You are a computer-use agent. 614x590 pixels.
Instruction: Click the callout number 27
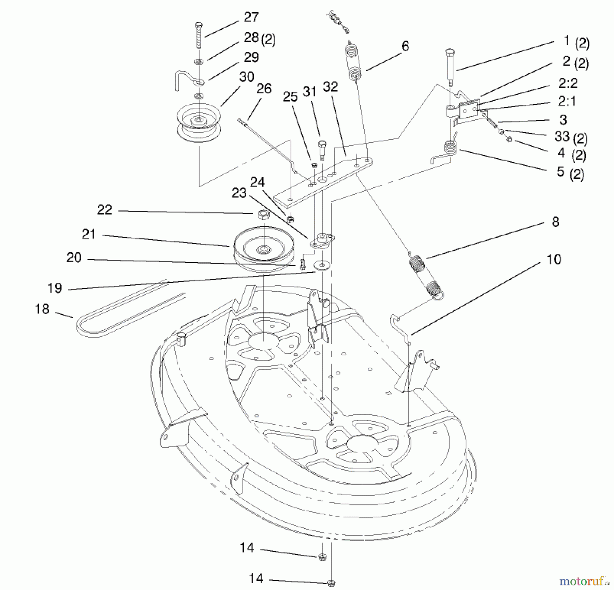[251, 17]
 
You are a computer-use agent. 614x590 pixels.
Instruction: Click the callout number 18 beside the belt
[42, 309]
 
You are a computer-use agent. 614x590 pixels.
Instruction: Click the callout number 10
[553, 260]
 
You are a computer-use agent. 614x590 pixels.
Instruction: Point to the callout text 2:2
[568, 83]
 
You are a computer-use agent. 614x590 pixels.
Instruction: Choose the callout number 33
[562, 136]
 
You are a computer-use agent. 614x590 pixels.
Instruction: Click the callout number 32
[330, 87]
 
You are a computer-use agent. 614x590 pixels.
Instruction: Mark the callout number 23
[239, 193]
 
